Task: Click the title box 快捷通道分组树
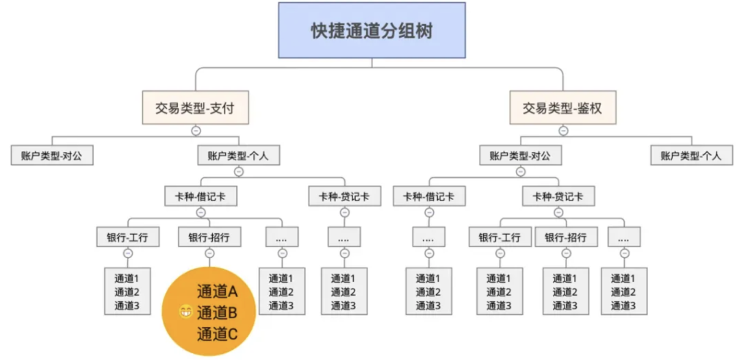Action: pos(372,31)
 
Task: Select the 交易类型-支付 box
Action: pos(195,107)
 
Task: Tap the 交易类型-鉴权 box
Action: pos(562,107)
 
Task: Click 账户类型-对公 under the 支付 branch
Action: pos(52,155)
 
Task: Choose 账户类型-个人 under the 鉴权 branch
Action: pos(691,155)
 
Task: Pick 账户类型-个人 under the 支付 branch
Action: pos(238,155)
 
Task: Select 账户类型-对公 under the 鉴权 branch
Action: pos(520,155)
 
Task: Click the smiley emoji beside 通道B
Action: pos(185,313)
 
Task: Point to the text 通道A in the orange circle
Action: pos(217,292)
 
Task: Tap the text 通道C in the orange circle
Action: pos(217,334)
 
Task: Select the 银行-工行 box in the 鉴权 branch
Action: pos(500,237)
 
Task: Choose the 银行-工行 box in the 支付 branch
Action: pos(128,237)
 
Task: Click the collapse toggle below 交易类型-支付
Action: pos(196,130)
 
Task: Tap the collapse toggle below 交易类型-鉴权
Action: pos(563,130)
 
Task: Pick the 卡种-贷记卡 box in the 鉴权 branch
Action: pos(558,196)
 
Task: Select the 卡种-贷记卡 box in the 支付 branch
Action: pos(344,196)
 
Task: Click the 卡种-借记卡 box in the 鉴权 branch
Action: pos(429,196)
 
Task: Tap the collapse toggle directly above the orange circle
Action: pos(209,254)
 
